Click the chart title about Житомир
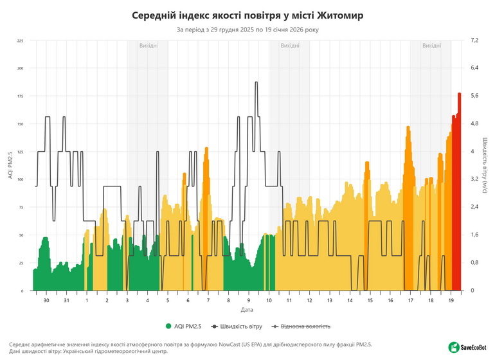click(x=248, y=14)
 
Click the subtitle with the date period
click(x=248, y=29)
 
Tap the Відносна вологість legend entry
click(x=305, y=326)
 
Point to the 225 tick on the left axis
click(x=20, y=40)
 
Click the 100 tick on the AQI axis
click(x=20, y=179)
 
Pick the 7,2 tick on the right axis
click(x=474, y=40)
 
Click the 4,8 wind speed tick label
click(x=474, y=123)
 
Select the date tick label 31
click(x=66, y=300)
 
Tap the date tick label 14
click(x=350, y=300)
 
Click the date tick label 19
click(x=451, y=300)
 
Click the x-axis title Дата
click(x=248, y=309)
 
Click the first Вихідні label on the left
click(x=148, y=46)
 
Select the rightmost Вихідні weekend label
click(x=431, y=46)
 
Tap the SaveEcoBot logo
click(x=469, y=347)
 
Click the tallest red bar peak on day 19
click(x=459, y=94)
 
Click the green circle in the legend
click(x=169, y=326)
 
